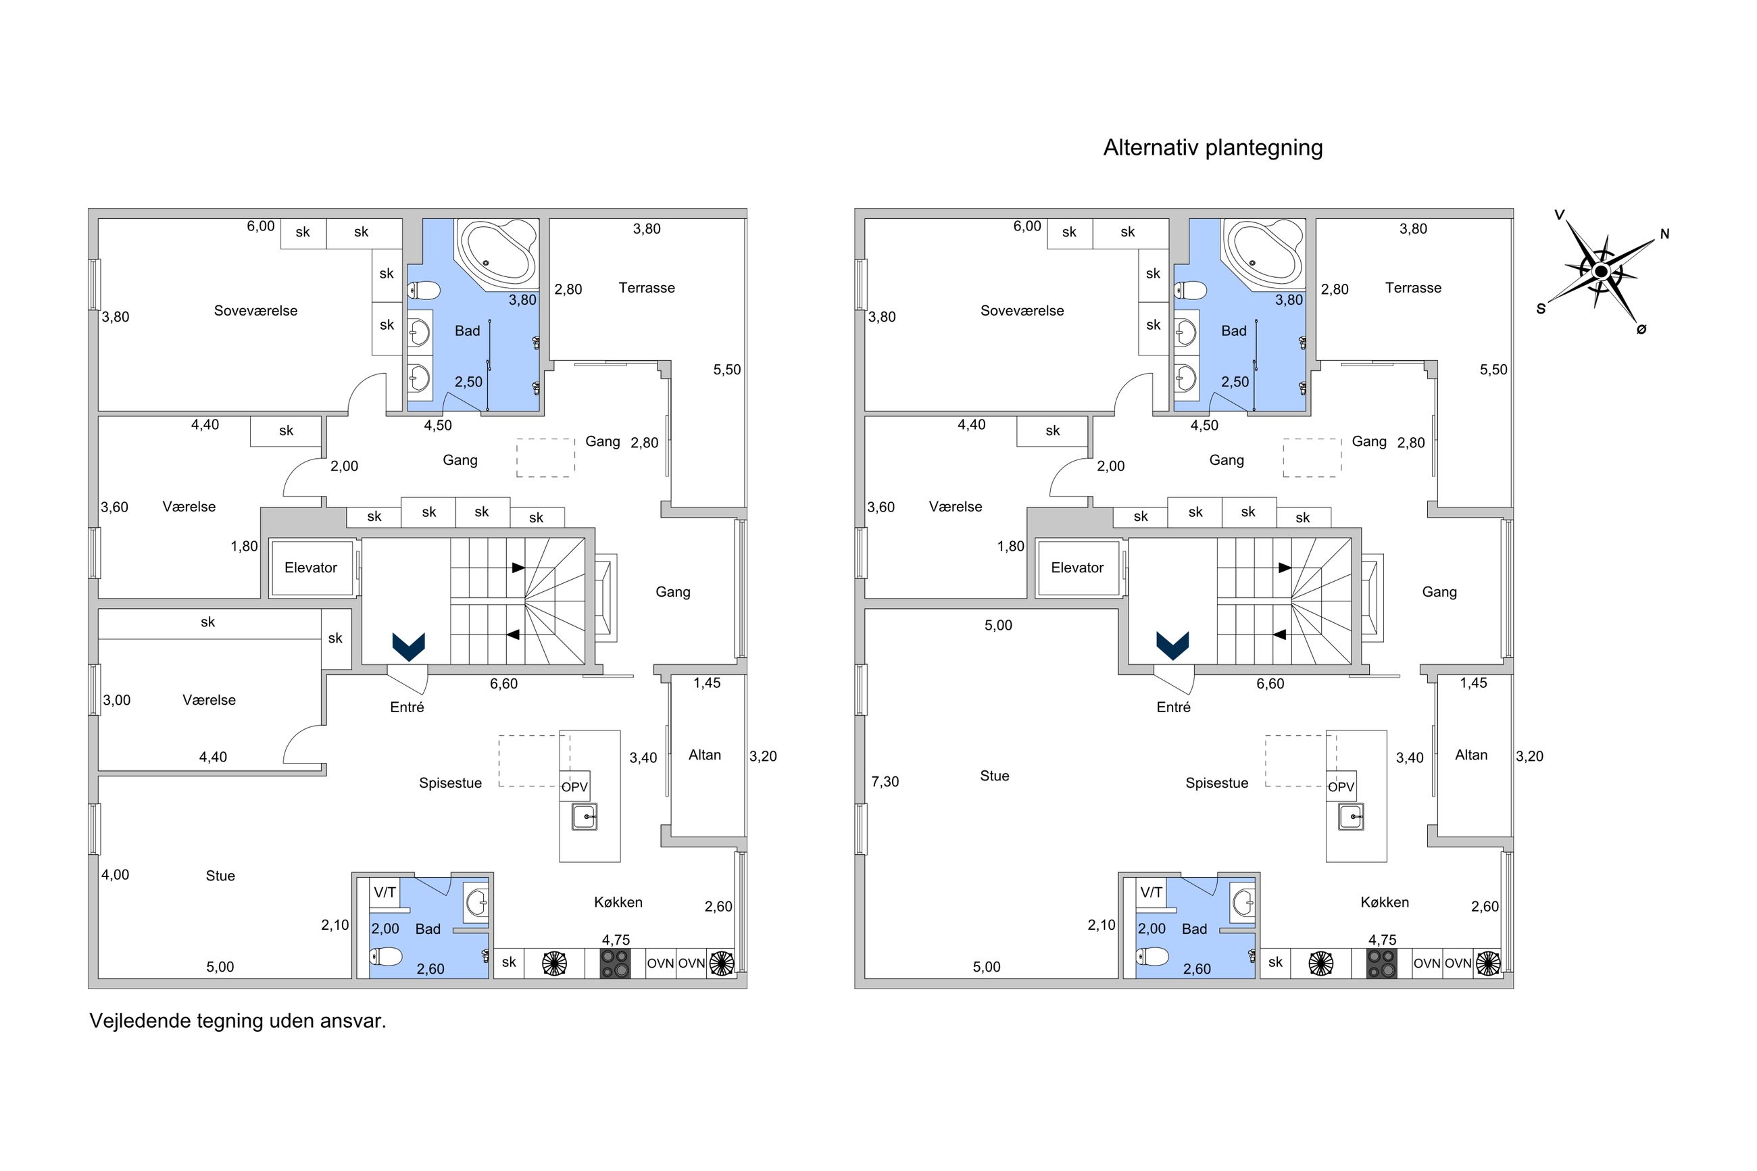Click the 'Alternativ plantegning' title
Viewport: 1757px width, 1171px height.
coord(1212,148)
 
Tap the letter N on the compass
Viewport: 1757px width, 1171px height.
coord(1664,234)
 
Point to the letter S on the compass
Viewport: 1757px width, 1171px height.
coord(1541,308)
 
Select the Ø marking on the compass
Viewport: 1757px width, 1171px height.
coord(1641,328)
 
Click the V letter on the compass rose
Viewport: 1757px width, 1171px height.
coord(1559,215)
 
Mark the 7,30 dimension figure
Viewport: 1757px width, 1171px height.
coord(885,782)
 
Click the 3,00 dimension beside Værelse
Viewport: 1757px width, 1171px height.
coord(116,701)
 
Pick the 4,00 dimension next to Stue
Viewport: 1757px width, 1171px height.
coord(115,874)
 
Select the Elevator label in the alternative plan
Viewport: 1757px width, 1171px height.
coord(1077,568)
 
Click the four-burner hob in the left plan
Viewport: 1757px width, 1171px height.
coord(615,964)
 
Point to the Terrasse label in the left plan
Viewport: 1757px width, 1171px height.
coord(647,289)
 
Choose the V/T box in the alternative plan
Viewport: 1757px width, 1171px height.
coord(1152,892)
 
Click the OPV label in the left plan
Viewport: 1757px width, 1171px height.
coord(574,787)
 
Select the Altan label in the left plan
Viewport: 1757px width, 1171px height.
coord(705,755)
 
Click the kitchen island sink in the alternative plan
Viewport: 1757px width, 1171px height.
coord(1351,817)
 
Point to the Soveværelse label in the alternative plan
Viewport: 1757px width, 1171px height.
coord(1022,311)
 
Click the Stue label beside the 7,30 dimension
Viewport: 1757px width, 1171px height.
coord(995,776)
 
